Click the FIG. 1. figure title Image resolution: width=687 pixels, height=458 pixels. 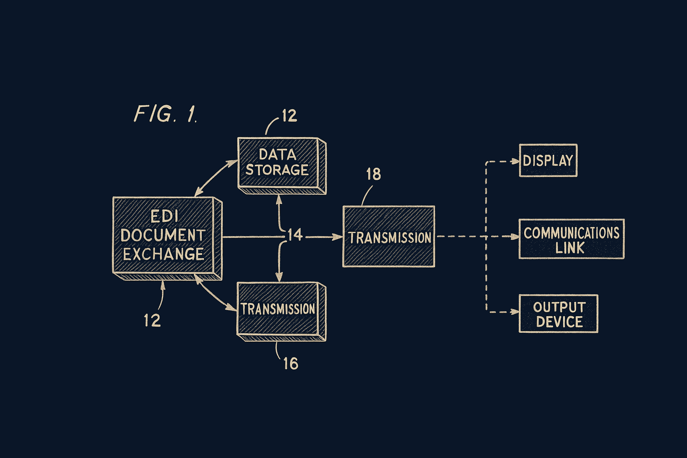coord(165,114)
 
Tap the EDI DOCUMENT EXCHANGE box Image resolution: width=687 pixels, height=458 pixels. coord(164,236)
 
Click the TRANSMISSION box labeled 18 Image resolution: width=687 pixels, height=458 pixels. coord(389,237)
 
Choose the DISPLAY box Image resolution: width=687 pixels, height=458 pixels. coord(548,160)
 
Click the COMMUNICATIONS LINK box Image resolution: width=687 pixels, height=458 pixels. coord(571,239)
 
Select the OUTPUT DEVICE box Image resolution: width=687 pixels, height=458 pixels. coord(558,314)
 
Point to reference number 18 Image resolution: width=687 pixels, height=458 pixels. coord(373,174)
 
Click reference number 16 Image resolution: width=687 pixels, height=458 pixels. coord(291,364)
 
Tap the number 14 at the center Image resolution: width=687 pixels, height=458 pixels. coord(295,235)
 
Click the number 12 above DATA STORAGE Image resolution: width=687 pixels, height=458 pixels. coord(289,116)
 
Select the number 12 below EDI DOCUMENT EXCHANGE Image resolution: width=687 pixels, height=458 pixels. coord(152,320)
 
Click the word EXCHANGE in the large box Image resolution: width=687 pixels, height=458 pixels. coord(164,254)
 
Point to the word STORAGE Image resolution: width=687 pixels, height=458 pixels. coord(277,170)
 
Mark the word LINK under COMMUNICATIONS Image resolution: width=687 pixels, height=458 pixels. coord(570,248)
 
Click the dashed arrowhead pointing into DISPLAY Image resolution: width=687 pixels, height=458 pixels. coord(515,161)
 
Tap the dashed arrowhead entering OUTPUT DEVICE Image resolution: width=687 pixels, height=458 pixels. coord(515,312)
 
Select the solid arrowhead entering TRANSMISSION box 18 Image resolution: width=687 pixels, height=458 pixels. coord(338,237)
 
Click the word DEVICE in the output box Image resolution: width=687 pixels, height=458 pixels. coord(559,322)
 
